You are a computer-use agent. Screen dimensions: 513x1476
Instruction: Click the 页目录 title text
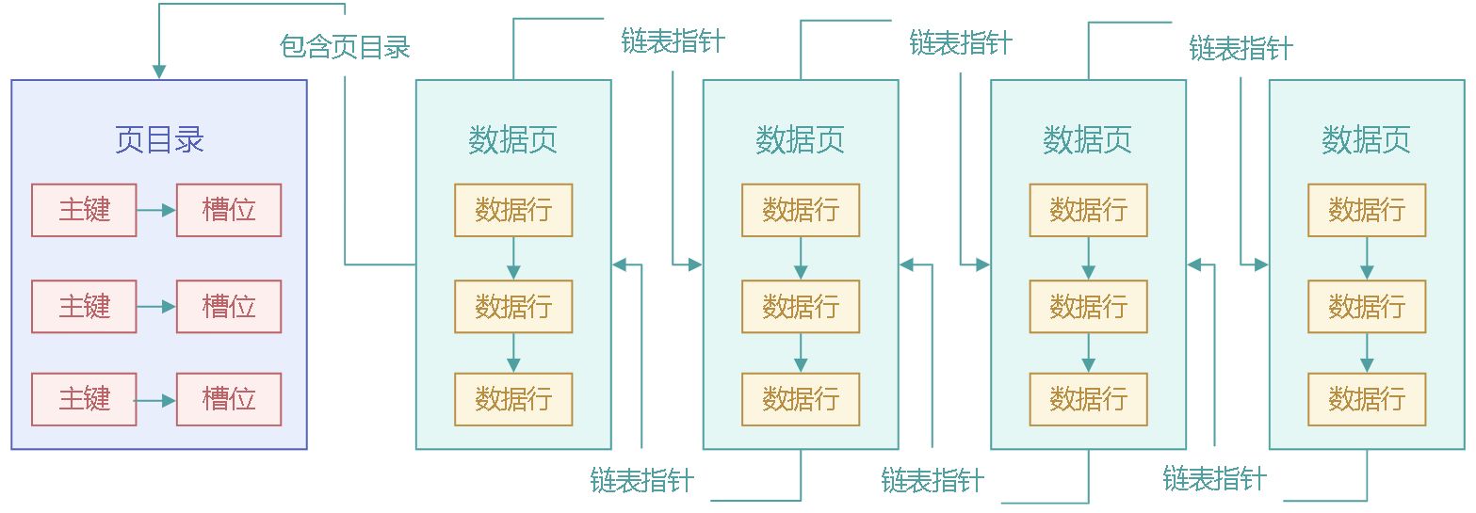coord(159,140)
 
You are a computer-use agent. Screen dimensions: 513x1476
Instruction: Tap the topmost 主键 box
coord(84,210)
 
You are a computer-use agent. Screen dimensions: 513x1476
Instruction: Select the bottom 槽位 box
coord(229,399)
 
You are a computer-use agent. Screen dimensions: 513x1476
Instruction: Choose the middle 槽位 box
coord(229,306)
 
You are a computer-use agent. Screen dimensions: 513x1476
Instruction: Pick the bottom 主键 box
coord(84,399)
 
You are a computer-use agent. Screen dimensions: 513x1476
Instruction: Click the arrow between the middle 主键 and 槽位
coord(156,306)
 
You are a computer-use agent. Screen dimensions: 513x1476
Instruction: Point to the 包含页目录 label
coord(345,46)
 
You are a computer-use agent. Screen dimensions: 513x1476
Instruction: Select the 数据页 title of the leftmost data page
coord(513,140)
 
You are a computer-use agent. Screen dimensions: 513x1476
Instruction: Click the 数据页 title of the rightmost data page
coord(1366,140)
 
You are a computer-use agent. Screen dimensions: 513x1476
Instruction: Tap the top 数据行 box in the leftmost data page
coord(513,210)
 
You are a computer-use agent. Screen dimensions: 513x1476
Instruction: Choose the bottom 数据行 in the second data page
coord(801,399)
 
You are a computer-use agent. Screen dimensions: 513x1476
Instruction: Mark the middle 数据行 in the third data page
coord(1088,306)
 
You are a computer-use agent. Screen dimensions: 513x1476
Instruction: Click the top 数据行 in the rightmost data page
coord(1366,210)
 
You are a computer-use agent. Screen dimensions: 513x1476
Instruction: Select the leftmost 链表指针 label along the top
coord(673,41)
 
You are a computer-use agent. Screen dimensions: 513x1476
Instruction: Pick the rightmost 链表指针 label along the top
coord(1241,47)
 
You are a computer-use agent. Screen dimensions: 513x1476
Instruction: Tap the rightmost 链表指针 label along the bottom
coord(1214,478)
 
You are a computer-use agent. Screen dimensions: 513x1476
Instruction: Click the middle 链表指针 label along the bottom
coord(933,480)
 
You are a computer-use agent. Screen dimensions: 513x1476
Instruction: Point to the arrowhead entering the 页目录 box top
coord(159,72)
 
